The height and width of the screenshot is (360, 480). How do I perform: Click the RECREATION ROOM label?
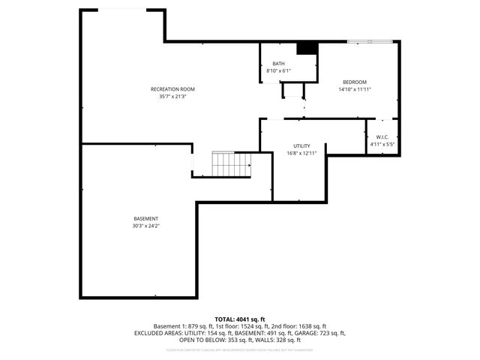[x=167, y=89]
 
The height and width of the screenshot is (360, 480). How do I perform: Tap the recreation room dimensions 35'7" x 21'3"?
[x=167, y=97]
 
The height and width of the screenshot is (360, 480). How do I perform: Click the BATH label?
[x=278, y=64]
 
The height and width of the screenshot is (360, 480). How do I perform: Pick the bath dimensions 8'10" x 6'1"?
[x=278, y=71]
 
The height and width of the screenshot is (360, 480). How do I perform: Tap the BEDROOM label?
[x=355, y=82]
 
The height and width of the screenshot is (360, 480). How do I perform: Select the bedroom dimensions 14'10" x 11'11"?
[x=355, y=89]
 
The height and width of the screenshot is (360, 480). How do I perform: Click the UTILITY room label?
[x=302, y=145]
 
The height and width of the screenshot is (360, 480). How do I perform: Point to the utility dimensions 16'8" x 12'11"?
[x=302, y=153]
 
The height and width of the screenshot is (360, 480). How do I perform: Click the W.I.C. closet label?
[x=380, y=136]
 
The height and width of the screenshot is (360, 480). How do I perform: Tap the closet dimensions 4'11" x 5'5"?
[x=380, y=144]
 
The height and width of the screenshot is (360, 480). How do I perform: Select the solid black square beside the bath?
[x=307, y=48]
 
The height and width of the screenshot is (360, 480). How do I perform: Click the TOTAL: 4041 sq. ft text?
[x=240, y=319]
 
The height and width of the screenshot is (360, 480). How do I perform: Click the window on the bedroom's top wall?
[x=370, y=40]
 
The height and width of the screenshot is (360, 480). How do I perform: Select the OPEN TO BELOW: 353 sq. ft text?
[x=217, y=339]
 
